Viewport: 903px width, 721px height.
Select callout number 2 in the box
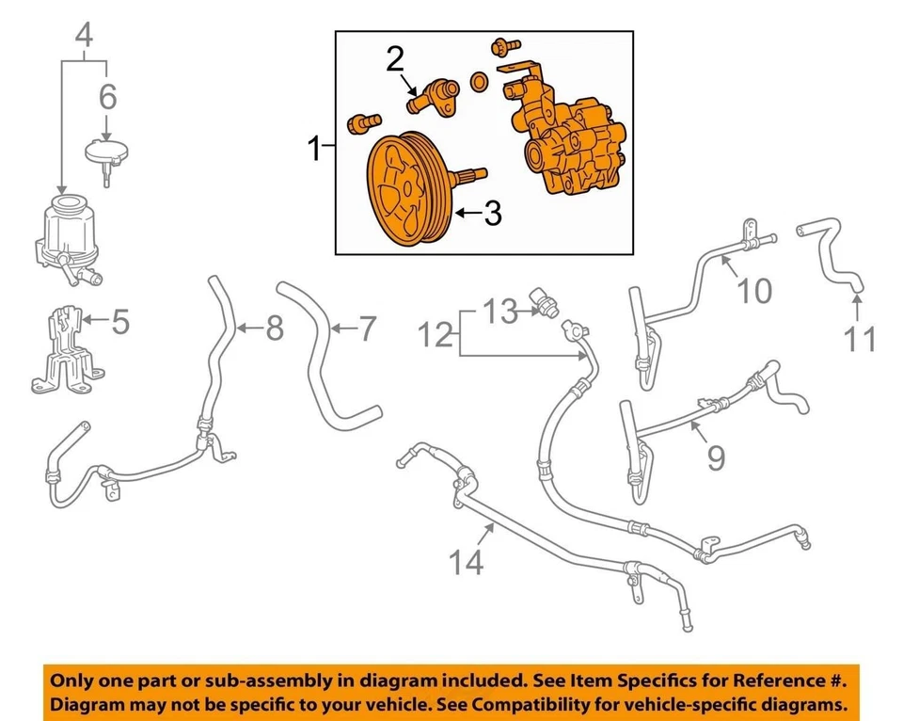pos(395,61)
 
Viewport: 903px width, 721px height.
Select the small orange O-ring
pos(479,83)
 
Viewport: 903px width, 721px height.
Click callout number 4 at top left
pos(85,38)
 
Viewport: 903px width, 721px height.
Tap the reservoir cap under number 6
pos(105,153)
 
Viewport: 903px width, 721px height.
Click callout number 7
pos(366,328)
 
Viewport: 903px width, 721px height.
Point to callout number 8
pos(274,328)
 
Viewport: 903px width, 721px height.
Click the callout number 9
pos(716,457)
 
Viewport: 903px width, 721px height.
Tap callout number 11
pos(859,338)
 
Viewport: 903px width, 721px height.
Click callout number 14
pos(467,562)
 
